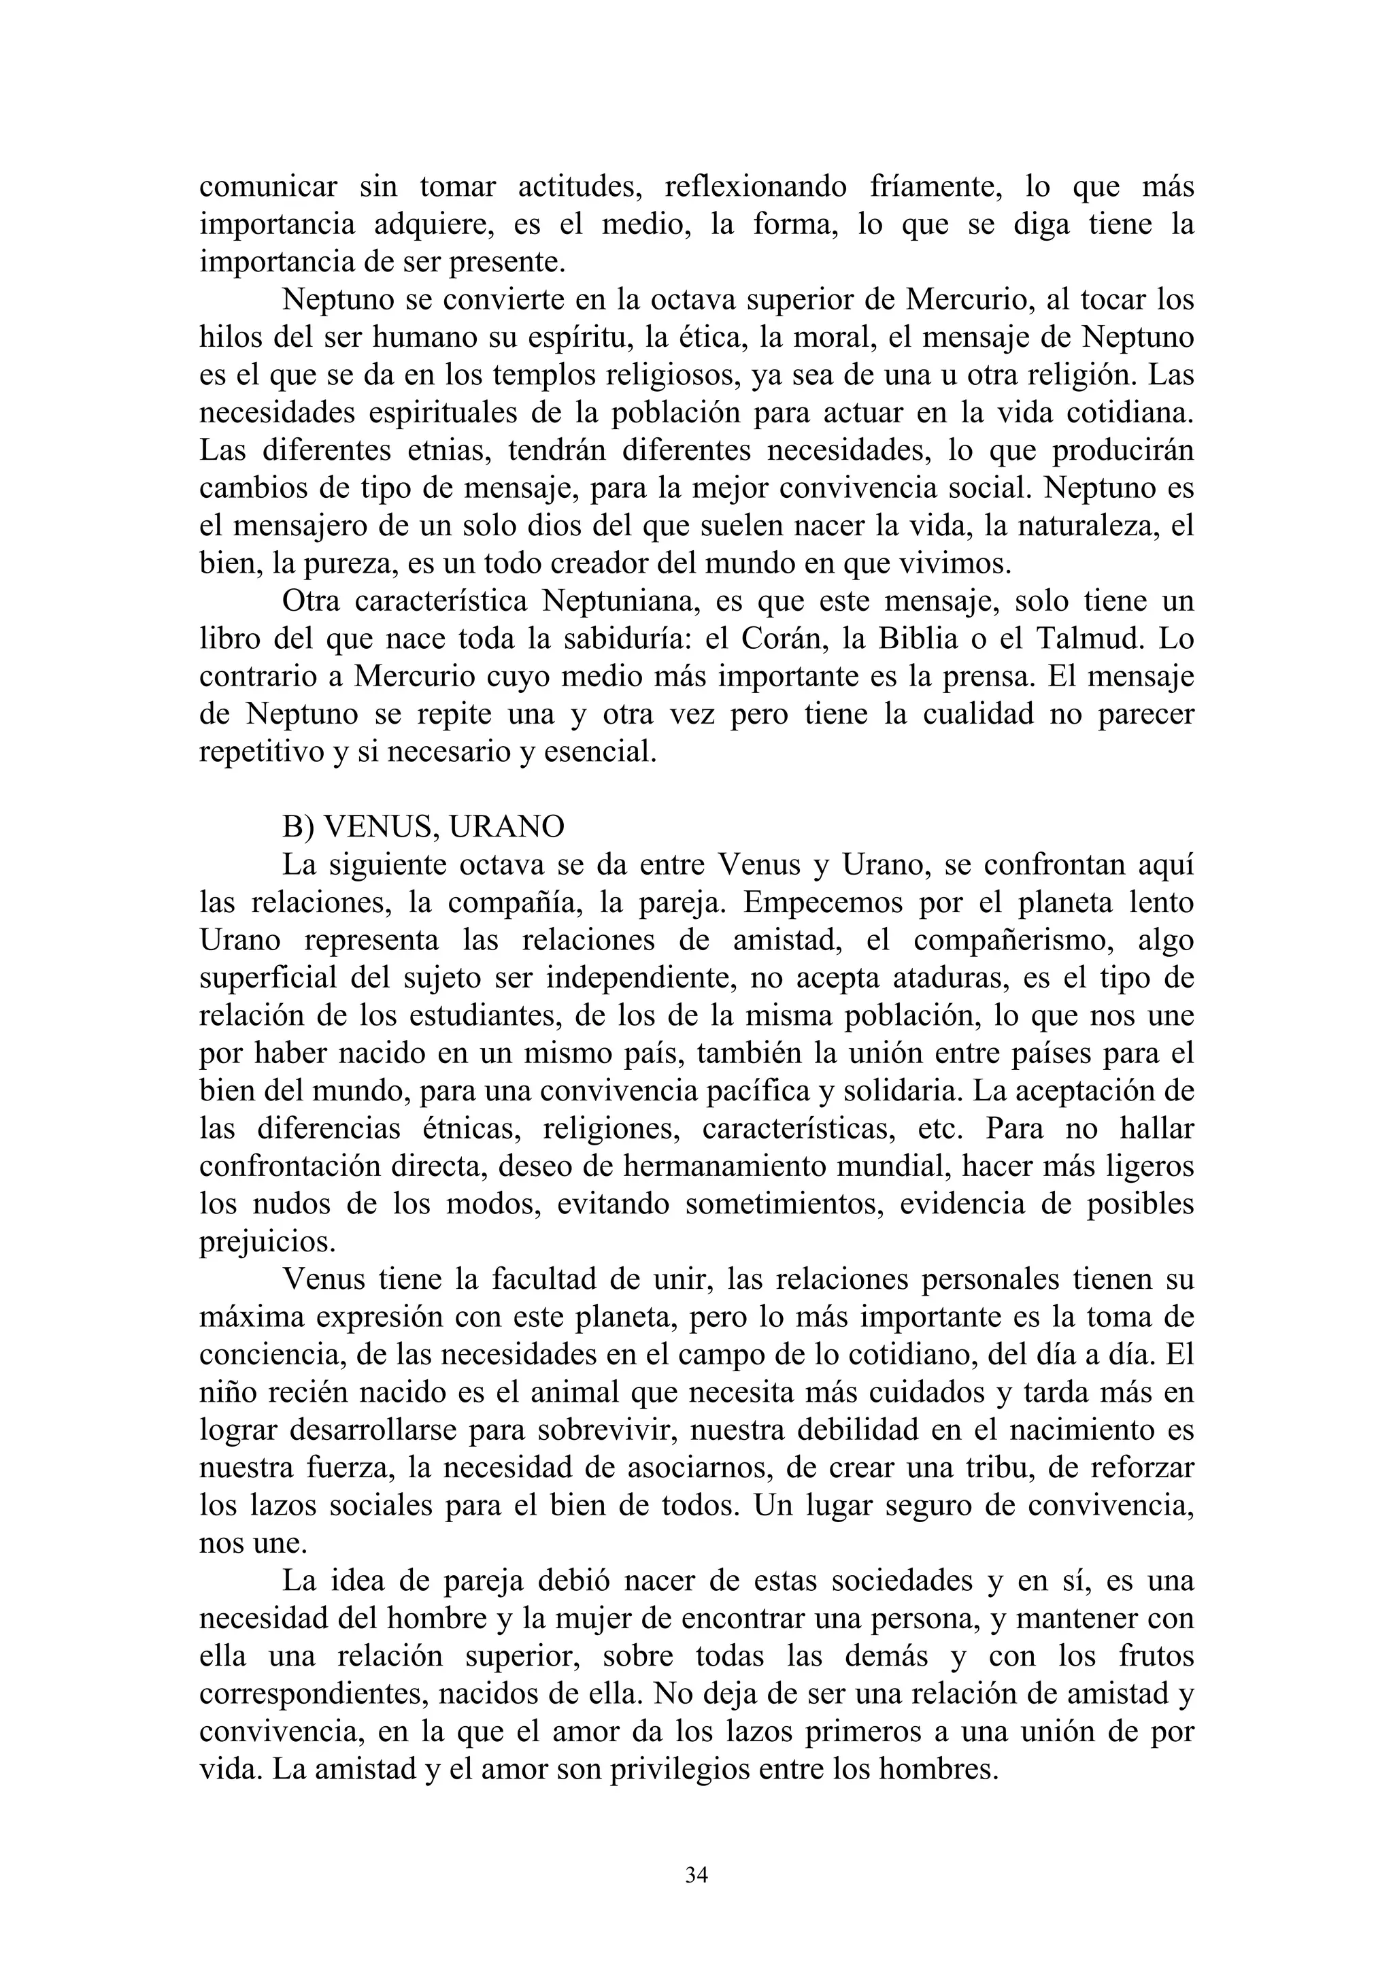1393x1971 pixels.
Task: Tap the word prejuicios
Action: [x=267, y=1242]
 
